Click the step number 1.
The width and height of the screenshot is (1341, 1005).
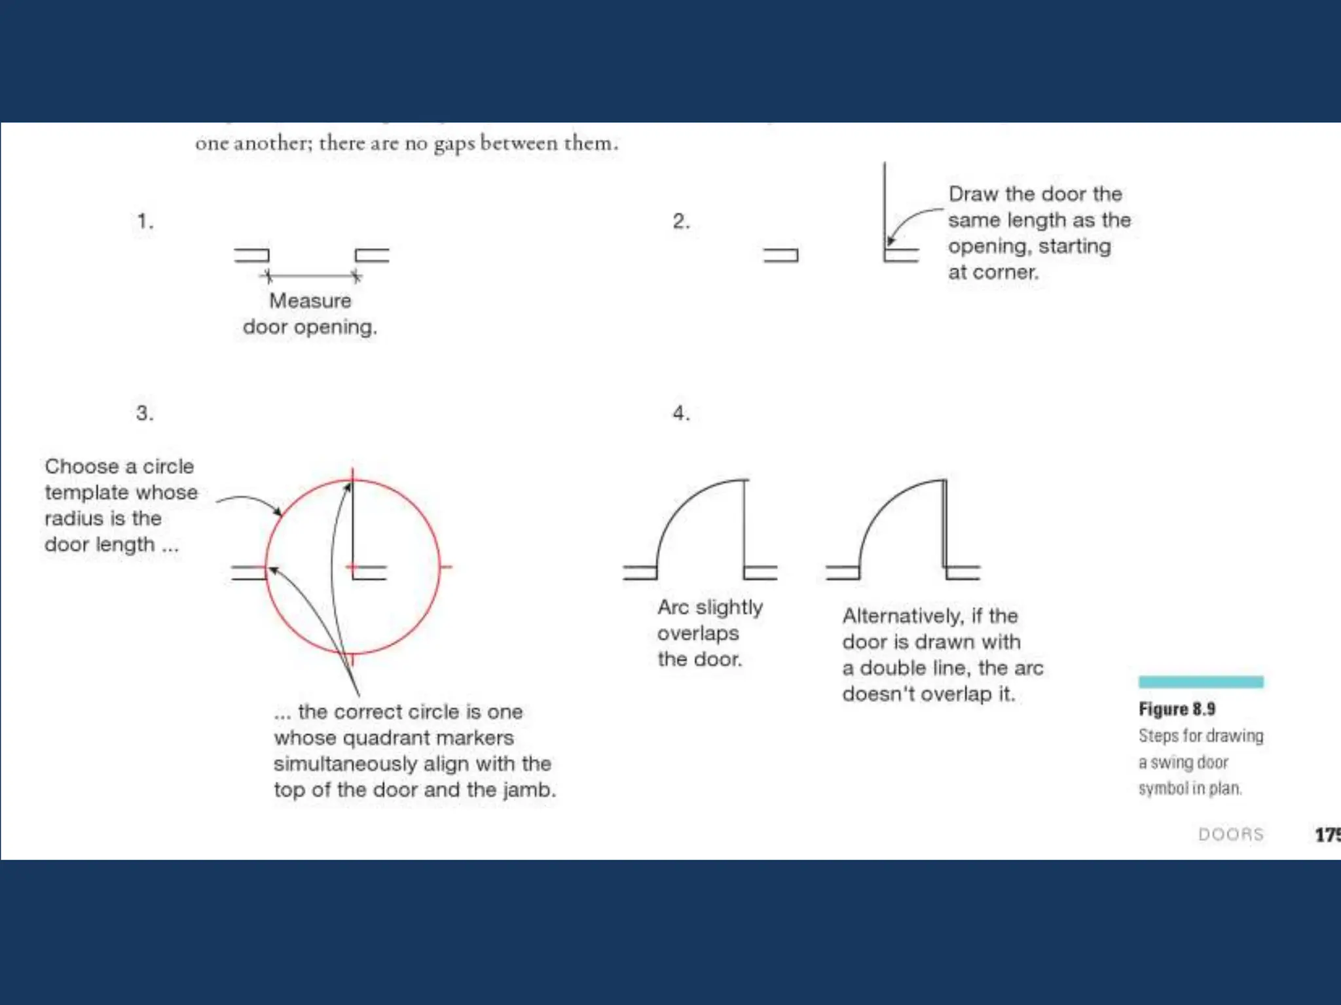[x=144, y=221]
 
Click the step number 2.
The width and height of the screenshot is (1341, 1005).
[x=680, y=221]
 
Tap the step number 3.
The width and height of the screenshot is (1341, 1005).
[x=144, y=414]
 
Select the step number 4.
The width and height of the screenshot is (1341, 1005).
[x=680, y=414]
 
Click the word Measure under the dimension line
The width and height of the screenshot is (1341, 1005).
[x=310, y=301]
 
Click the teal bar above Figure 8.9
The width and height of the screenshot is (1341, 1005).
[x=1200, y=682]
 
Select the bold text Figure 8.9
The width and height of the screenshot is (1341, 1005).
[x=1177, y=709]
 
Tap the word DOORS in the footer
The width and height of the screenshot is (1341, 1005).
[x=1230, y=834]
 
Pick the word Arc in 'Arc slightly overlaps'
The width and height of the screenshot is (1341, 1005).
[x=672, y=607]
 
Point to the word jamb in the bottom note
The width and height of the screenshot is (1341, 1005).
[x=528, y=790]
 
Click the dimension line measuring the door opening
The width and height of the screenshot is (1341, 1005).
[x=312, y=276]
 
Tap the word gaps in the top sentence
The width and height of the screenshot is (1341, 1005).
[x=454, y=144]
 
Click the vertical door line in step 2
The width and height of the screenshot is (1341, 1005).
[x=885, y=203]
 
